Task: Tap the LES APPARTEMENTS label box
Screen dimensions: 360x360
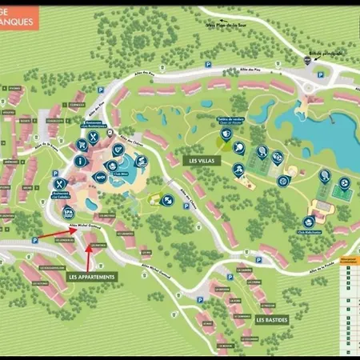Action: click(92, 276)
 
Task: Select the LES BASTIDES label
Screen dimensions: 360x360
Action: click(271, 318)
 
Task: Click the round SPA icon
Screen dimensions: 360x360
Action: click(68, 212)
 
